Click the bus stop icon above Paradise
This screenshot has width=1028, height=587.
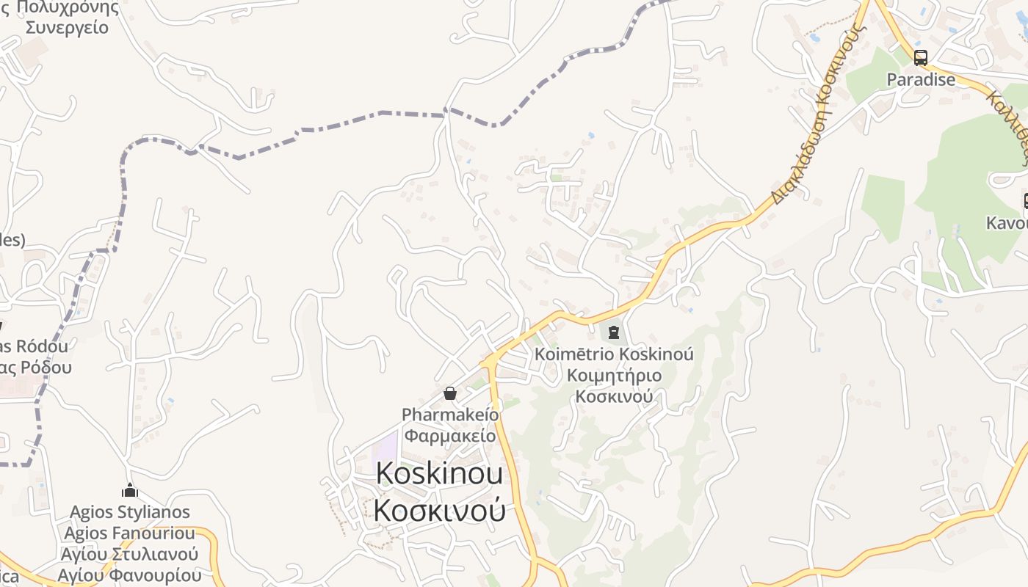921,57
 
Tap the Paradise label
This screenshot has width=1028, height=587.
921,79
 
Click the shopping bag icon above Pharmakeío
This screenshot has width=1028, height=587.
450,394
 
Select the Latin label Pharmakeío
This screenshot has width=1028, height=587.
450,415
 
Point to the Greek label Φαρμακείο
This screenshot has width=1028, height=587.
450,436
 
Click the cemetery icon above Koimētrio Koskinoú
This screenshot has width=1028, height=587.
614,332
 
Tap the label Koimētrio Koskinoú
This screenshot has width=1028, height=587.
614,354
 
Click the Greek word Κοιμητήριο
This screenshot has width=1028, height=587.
614,376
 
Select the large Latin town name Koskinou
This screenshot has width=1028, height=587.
439,474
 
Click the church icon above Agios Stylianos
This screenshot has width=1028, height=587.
130,490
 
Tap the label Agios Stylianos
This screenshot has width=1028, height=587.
130,512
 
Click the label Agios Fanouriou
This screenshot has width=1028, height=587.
130,533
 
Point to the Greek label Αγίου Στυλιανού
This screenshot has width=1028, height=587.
130,554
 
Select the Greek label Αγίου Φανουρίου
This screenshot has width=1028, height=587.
130,575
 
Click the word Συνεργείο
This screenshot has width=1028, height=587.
67,28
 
